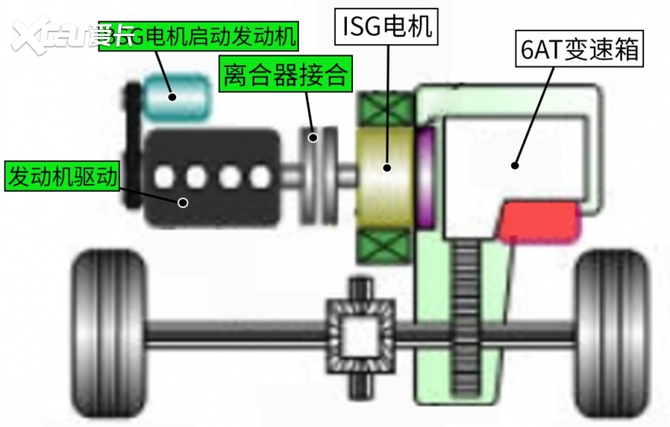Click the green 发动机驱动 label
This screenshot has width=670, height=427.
(61, 176)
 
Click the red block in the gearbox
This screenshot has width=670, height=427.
(540, 221)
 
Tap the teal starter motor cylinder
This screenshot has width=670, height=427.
(182, 94)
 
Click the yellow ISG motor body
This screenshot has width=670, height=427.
(387, 168)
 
